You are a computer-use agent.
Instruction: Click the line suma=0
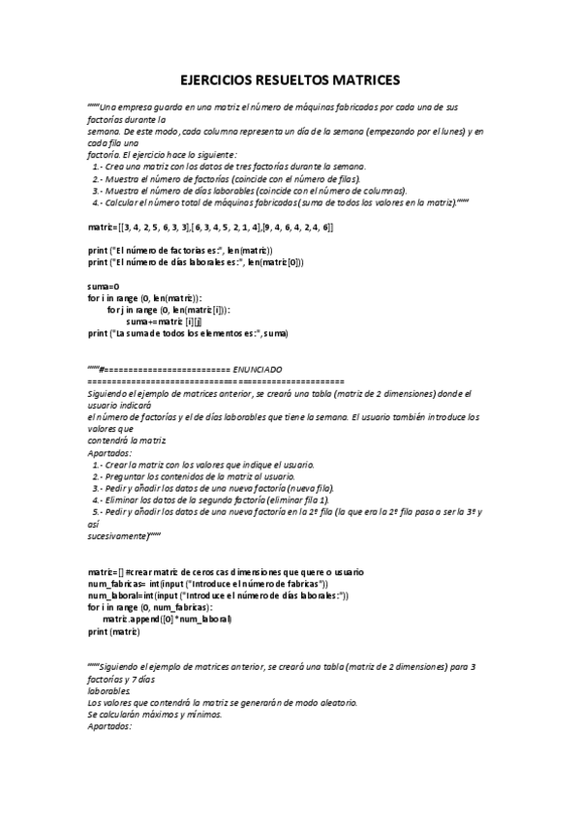pos(103,287)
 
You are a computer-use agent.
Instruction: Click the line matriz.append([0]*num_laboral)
pos(167,619)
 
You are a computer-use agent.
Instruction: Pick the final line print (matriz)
pos(113,631)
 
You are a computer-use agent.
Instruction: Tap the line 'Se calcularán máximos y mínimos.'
pos(155,715)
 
